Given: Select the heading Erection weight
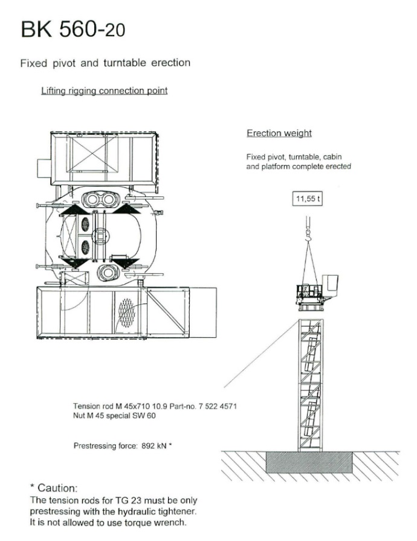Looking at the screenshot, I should click(279, 133).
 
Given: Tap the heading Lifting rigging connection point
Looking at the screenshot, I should click(104, 91).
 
